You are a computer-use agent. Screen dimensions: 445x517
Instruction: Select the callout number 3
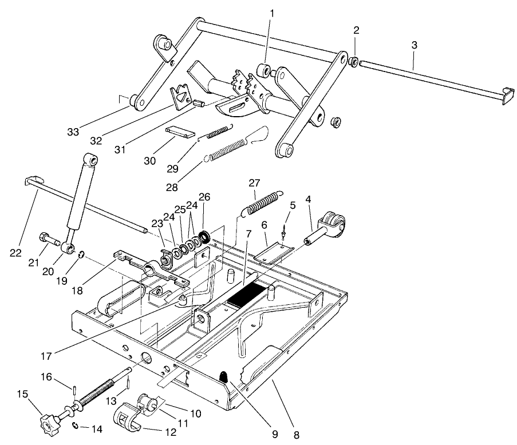414,44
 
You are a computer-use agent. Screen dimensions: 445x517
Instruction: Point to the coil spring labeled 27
262,203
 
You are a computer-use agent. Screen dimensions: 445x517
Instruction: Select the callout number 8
296,434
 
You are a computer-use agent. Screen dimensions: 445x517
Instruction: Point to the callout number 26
204,197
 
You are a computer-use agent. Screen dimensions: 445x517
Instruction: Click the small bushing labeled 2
355,61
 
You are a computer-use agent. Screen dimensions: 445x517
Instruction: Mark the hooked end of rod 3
506,96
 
